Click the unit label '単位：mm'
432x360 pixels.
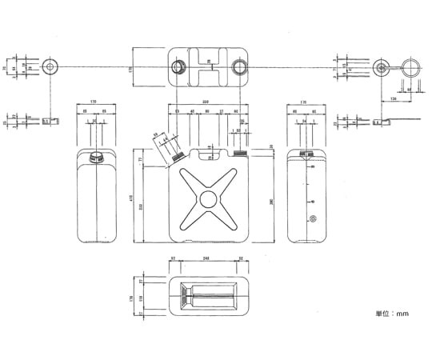392,314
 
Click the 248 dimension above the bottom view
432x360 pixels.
206,258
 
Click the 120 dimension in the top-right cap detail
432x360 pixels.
394,98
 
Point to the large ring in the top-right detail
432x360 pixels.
411,66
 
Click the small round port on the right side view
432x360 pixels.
312,218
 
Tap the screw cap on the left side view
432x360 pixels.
97,155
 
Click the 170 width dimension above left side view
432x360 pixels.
94,103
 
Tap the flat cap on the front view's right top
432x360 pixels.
238,149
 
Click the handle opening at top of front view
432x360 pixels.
206,150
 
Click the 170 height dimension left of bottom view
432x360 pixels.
133,298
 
